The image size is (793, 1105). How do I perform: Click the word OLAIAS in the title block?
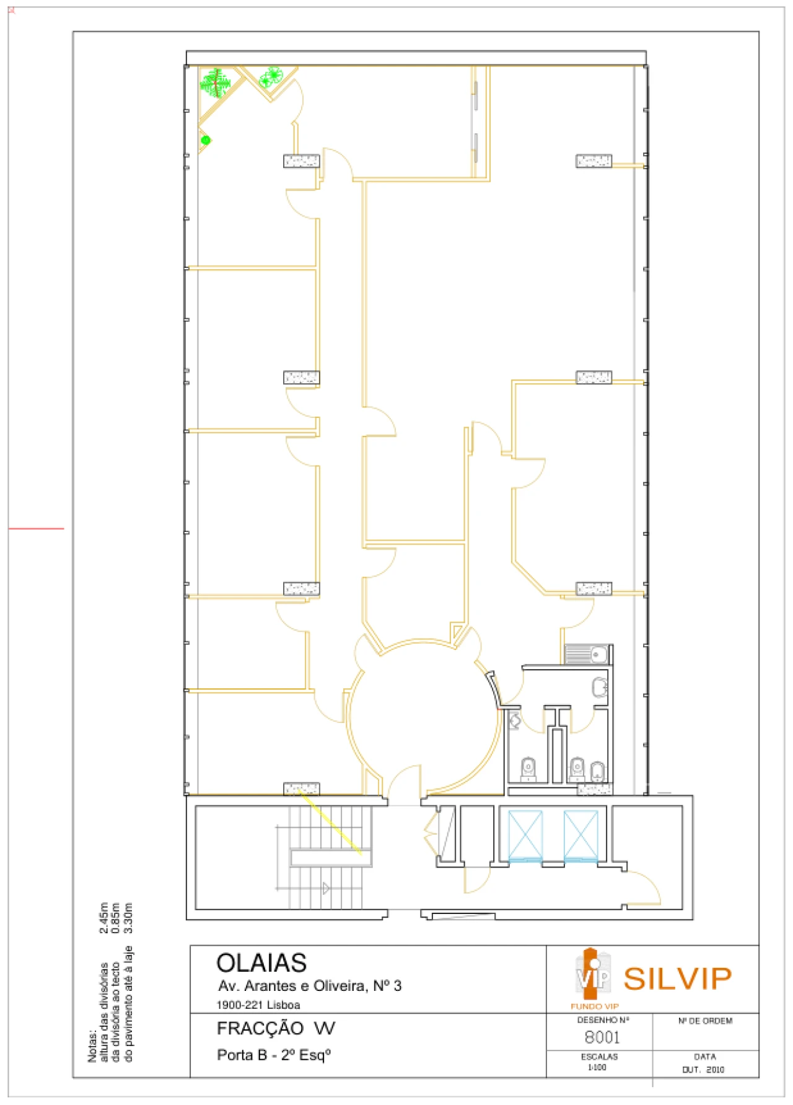(261, 963)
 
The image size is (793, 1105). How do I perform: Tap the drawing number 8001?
(602, 1037)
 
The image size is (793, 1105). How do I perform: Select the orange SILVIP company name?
(677, 979)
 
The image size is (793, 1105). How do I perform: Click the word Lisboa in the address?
(284, 1005)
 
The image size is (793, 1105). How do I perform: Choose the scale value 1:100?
(597, 1067)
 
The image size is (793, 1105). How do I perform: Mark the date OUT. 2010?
(703, 1070)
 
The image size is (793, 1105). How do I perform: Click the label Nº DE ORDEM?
(705, 1021)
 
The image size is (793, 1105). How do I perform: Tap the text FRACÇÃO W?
(276, 1029)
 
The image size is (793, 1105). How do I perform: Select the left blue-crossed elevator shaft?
(525, 835)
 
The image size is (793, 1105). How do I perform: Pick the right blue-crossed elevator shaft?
(581, 835)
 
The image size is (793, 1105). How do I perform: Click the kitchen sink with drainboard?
(586, 654)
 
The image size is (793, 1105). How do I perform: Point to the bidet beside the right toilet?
(597, 771)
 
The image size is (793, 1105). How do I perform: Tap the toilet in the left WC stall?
(528, 769)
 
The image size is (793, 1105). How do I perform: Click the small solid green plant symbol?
(206, 140)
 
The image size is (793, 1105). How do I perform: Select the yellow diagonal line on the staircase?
(330, 822)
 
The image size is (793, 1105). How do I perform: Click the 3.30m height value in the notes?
(128, 918)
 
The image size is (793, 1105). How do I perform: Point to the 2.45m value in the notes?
(103, 918)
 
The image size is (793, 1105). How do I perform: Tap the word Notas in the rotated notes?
(92, 1046)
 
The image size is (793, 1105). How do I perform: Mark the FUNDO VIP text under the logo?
(594, 1006)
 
